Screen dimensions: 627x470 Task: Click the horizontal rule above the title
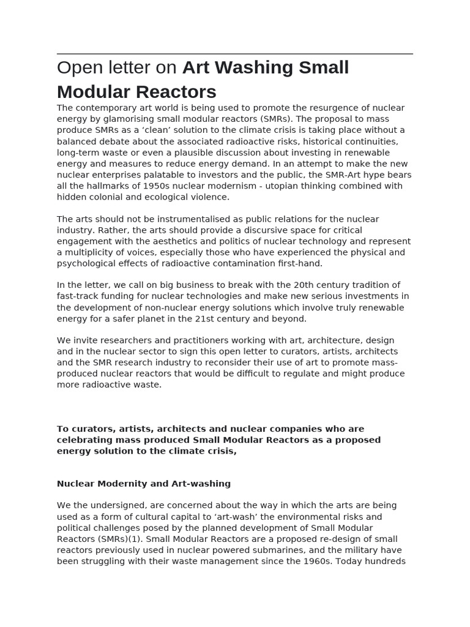click(235, 54)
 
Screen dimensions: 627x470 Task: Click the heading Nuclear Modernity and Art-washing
click(144, 484)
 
